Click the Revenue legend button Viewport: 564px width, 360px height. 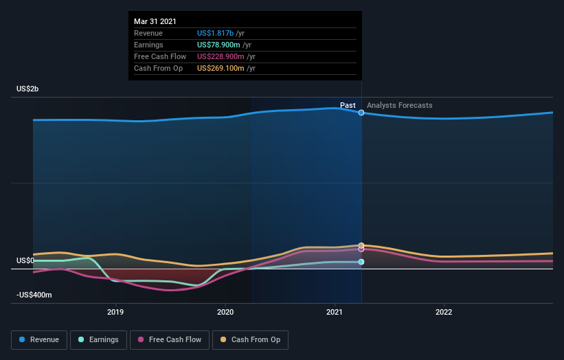click(39, 339)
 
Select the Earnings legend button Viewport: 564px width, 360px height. click(98, 339)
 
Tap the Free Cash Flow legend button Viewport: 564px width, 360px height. click(170, 339)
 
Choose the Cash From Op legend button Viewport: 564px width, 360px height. click(250, 339)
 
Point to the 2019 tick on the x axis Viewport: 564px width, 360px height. click(115, 312)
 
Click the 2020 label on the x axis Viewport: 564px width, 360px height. click(225, 312)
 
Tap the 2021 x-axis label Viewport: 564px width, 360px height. click(335, 312)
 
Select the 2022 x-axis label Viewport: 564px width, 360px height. click(444, 312)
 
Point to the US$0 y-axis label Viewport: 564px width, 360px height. click(25, 261)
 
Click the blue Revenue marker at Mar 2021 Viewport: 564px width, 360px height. click(361, 113)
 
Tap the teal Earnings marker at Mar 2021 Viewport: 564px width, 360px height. click(361, 262)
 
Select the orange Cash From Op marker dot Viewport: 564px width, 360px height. click(361, 245)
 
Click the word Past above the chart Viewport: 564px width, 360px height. click(348, 105)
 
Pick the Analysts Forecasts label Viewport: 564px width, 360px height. click(400, 105)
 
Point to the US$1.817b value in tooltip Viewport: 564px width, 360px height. click(215, 33)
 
